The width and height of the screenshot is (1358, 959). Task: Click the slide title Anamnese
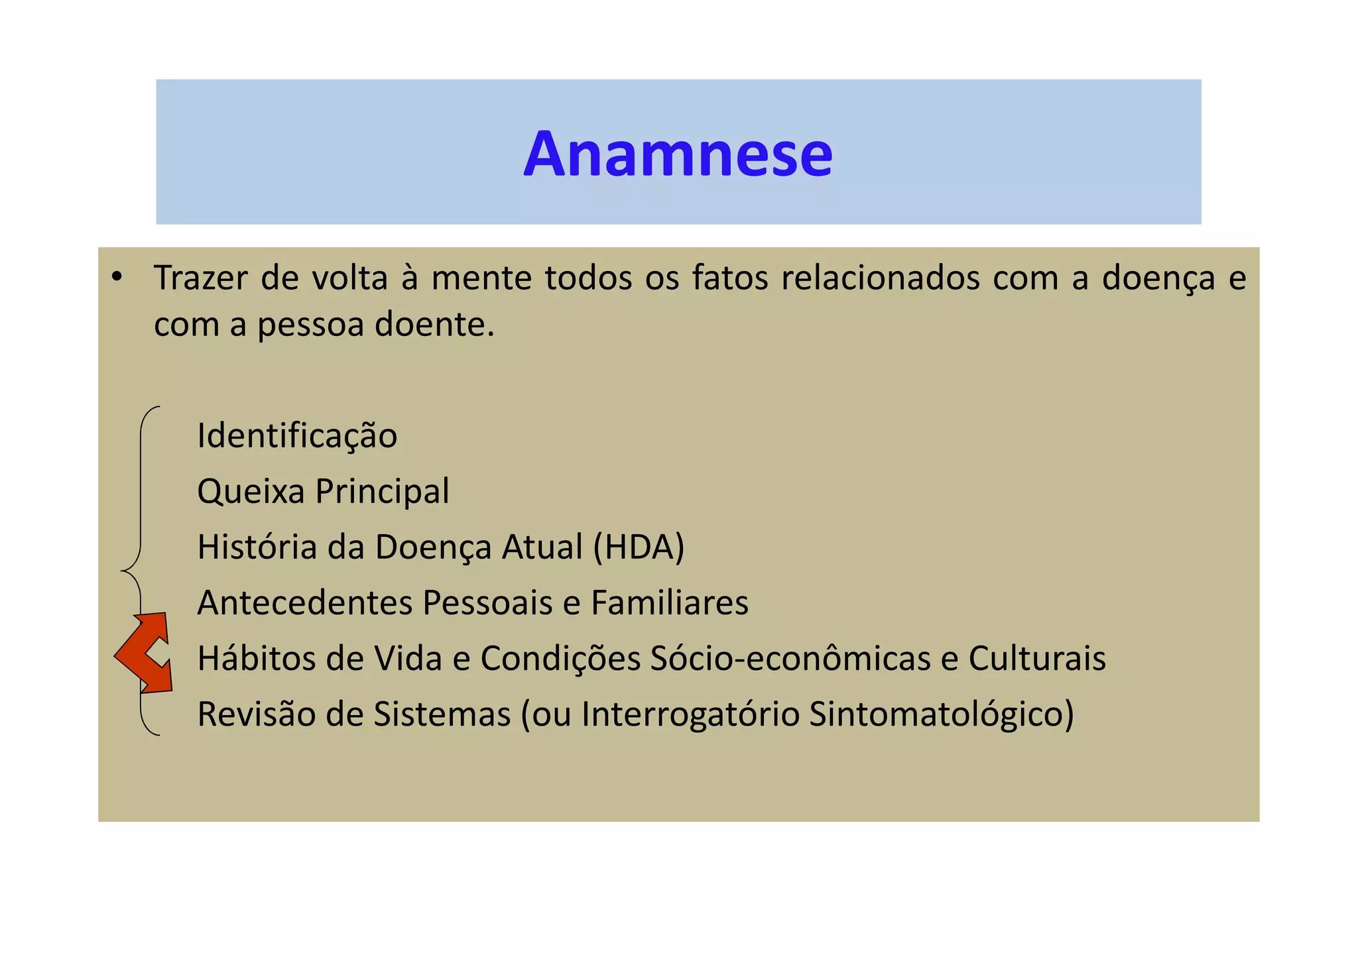[x=678, y=154]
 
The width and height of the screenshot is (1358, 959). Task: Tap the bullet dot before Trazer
[x=117, y=278]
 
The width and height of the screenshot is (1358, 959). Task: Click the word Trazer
[x=201, y=278]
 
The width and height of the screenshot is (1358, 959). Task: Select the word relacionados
[x=880, y=278]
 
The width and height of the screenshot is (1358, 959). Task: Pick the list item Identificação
[x=297, y=437]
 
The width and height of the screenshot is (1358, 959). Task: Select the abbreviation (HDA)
[x=639, y=548]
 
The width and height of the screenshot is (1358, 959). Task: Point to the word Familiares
[x=669, y=603]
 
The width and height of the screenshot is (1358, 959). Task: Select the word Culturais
[x=1036, y=659]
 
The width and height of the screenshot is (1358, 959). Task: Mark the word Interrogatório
[x=690, y=714]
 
